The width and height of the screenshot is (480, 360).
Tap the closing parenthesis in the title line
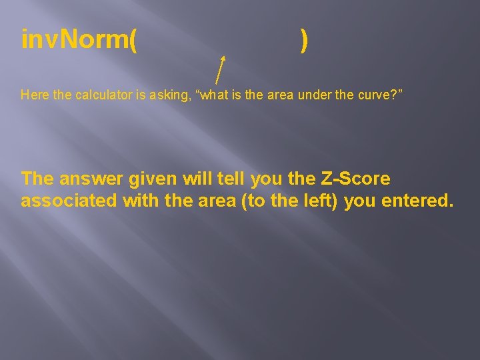coord(304,41)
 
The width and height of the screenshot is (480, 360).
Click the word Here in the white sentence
coord(35,95)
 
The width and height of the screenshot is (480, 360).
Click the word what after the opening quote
coord(214,95)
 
